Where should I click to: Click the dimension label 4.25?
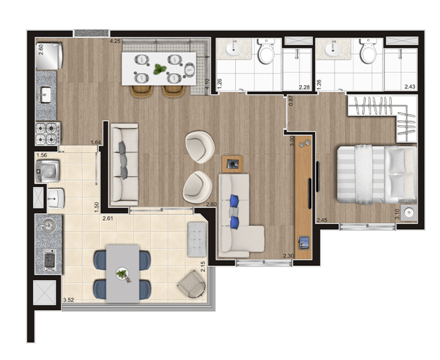point(115,41)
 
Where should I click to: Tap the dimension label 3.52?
point(68,300)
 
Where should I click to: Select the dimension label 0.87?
point(291,101)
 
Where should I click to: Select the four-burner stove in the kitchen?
point(48,134)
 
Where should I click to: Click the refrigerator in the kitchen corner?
point(49,56)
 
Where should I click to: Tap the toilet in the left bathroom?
point(266,52)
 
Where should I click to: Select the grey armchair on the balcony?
point(192,284)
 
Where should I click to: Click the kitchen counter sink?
point(46,94)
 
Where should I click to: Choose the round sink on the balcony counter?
point(47,227)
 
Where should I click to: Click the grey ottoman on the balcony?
point(197,239)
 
